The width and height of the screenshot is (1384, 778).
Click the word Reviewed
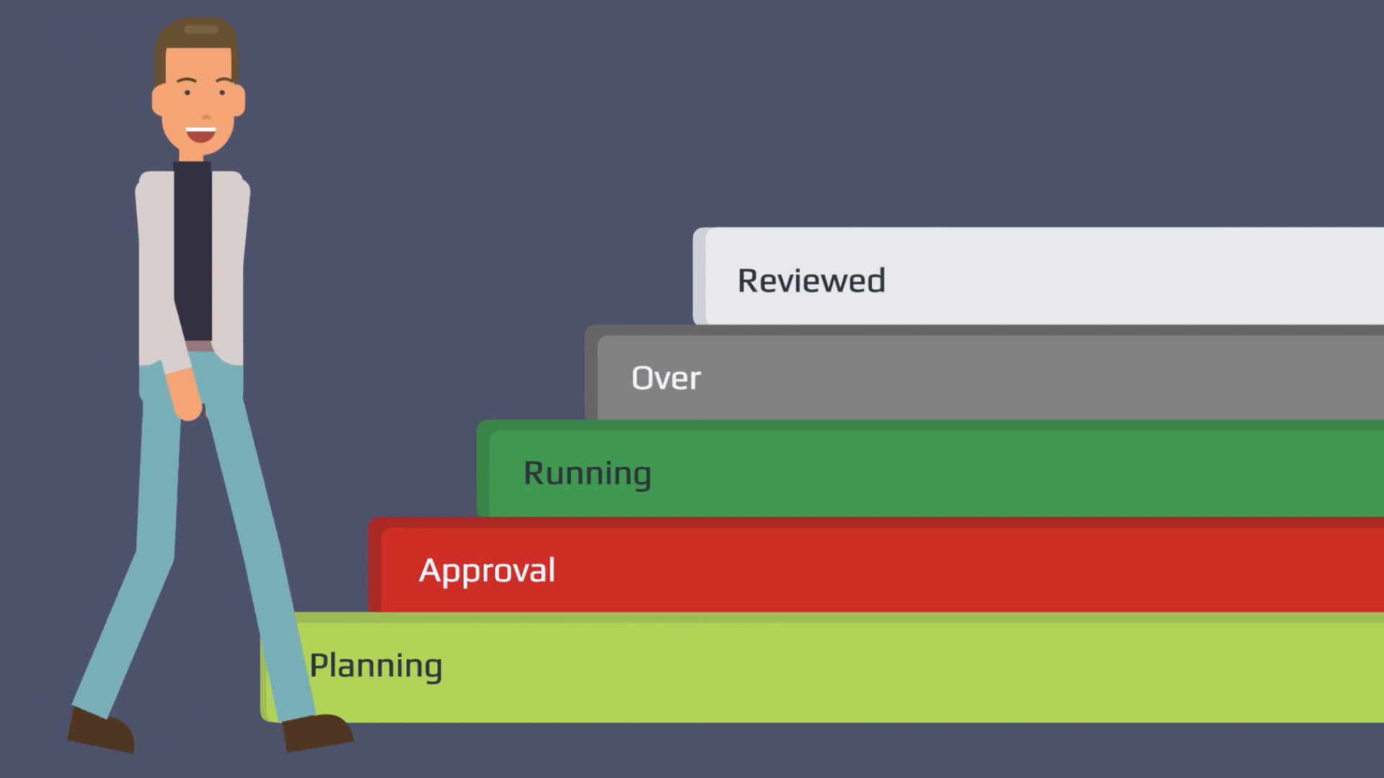(x=811, y=280)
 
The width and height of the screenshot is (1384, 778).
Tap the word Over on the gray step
(x=665, y=377)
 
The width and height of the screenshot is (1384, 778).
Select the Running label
(x=587, y=473)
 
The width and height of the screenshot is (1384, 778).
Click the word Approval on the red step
(x=487, y=571)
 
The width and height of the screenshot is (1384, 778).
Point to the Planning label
(x=376, y=666)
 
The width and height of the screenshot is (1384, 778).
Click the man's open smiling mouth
(x=200, y=134)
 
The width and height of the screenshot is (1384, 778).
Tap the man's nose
(x=205, y=114)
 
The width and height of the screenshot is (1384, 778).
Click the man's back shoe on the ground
(x=101, y=729)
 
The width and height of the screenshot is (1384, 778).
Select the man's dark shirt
(x=192, y=252)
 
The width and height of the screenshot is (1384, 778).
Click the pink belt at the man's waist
(x=199, y=346)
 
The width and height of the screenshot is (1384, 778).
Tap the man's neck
(x=192, y=153)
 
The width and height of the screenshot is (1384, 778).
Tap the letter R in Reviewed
(x=748, y=280)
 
